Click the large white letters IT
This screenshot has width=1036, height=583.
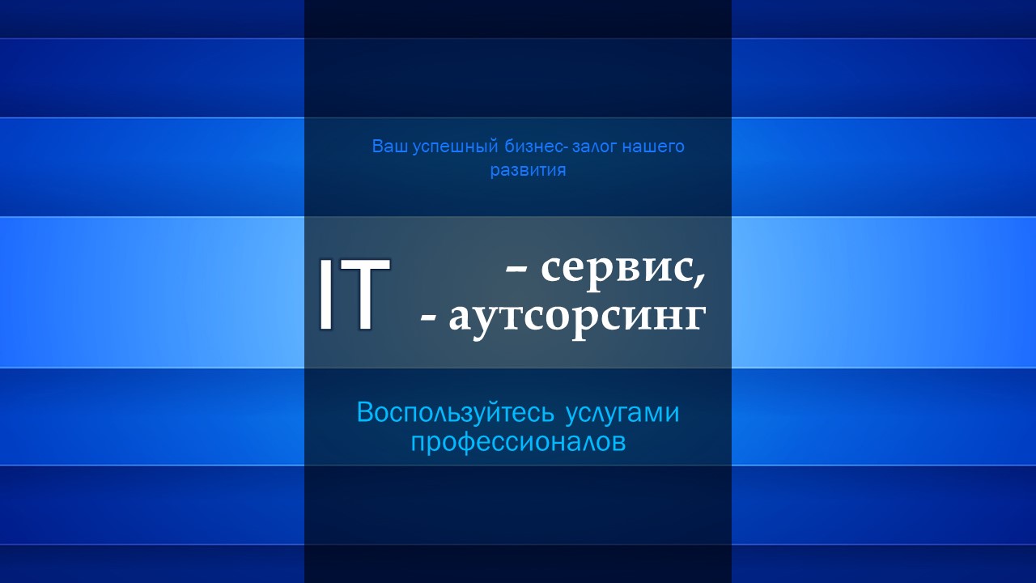pos(354,294)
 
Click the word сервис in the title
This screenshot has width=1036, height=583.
pos(618,270)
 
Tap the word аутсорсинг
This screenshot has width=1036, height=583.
pos(577,320)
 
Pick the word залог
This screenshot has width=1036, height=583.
pos(595,147)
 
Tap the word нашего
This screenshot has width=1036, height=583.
pos(653,147)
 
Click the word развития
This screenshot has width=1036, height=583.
pos(529,171)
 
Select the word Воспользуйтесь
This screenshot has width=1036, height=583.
pos(455,413)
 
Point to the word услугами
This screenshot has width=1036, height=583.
pos(622,414)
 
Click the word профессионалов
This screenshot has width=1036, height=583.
pos(519,443)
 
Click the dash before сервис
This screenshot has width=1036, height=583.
pos(516,272)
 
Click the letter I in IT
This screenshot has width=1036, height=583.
pos(325,294)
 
